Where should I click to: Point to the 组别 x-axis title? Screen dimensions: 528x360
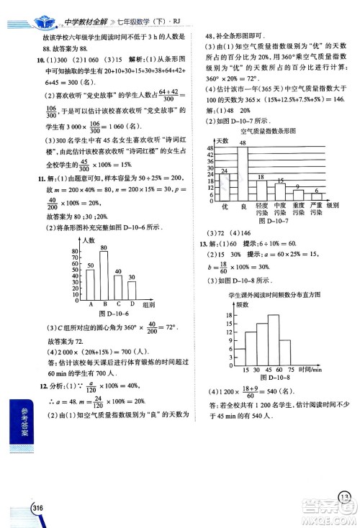pyautogui.click(x=149, y=305)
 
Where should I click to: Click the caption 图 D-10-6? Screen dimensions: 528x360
pyautogui.click(x=112, y=314)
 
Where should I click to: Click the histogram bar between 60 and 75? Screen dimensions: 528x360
pyautogui.click(x=284, y=350)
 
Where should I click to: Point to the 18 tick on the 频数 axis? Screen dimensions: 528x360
pyautogui.click(x=229, y=314)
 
